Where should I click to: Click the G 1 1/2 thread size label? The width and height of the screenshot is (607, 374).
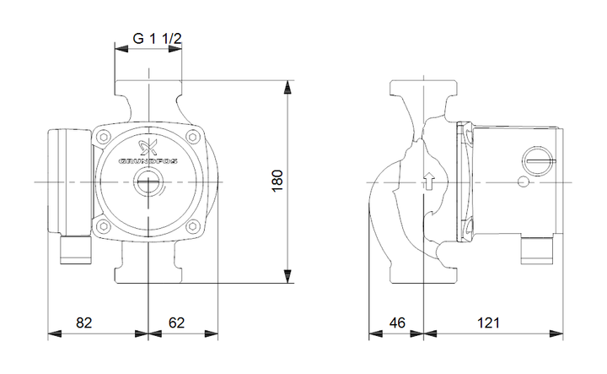coord(157,39)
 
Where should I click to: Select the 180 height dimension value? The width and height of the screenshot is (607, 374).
coord(277,180)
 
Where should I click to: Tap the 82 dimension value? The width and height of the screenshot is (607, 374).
coord(84,323)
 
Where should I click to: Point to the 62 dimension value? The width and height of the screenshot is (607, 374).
coord(176,323)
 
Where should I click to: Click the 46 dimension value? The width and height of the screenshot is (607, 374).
coord(397,323)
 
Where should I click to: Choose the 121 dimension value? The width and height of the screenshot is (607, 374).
coord(488,323)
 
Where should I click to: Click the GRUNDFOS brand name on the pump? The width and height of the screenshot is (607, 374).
coord(148,160)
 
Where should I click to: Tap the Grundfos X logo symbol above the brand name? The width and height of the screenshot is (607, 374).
coord(148,146)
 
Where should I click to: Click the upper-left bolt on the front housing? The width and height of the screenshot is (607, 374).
coord(104,137)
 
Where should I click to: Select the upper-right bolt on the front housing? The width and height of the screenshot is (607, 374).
coord(192,137)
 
